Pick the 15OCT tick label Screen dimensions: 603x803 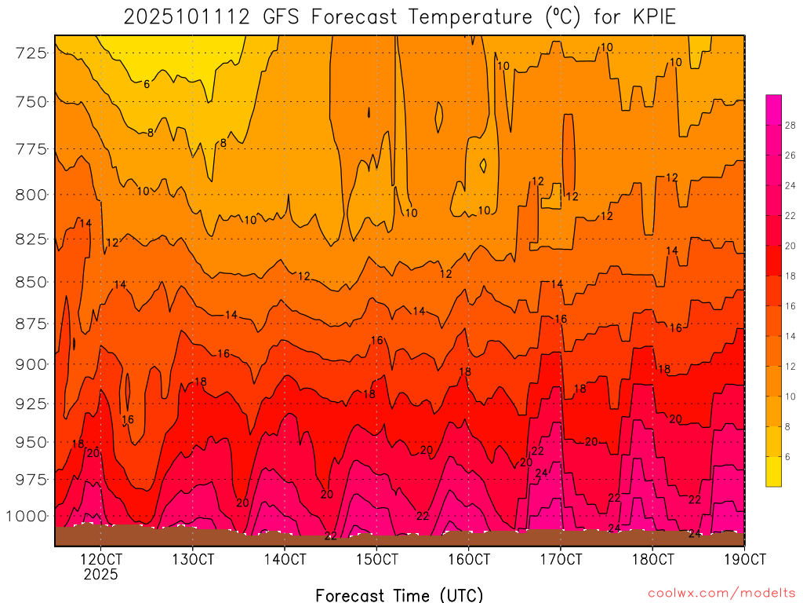[376, 559]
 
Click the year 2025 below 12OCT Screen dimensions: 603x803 [100, 574]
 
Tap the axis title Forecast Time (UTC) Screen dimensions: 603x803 [399, 594]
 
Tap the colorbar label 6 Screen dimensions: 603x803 [787, 456]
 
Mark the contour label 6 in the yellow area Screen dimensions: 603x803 [147, 84]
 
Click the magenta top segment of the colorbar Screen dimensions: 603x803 [773, 102]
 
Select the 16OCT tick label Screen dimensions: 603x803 [468, 559]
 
